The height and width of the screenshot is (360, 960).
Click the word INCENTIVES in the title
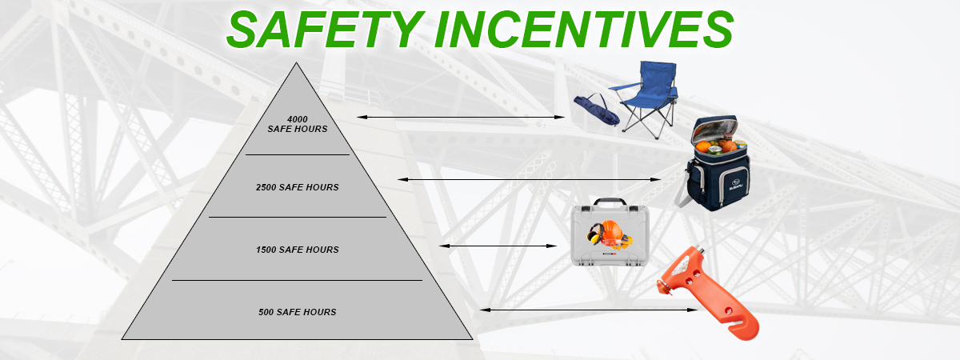coord(584,29)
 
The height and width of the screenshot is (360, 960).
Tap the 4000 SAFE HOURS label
coord(298,124)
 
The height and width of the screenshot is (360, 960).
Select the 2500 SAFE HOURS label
coord(298,187)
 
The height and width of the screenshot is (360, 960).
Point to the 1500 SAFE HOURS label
coord(298,250)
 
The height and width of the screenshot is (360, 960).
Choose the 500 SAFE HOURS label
coord(298,312)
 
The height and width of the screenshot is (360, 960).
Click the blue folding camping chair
coord(647,98)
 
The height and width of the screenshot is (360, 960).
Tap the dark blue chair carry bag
coord(597,110)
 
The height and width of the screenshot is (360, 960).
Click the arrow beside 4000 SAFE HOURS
coord(461,117)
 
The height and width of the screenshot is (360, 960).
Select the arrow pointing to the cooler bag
coord(530,179)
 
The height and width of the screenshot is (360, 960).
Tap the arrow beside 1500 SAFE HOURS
coord(498,246)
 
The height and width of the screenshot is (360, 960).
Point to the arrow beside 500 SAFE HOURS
coord(589,310)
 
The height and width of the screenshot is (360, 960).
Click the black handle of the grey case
coord(610,202)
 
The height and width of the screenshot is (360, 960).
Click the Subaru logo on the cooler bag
coord(737,185)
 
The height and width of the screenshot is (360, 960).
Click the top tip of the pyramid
coord(296,62)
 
